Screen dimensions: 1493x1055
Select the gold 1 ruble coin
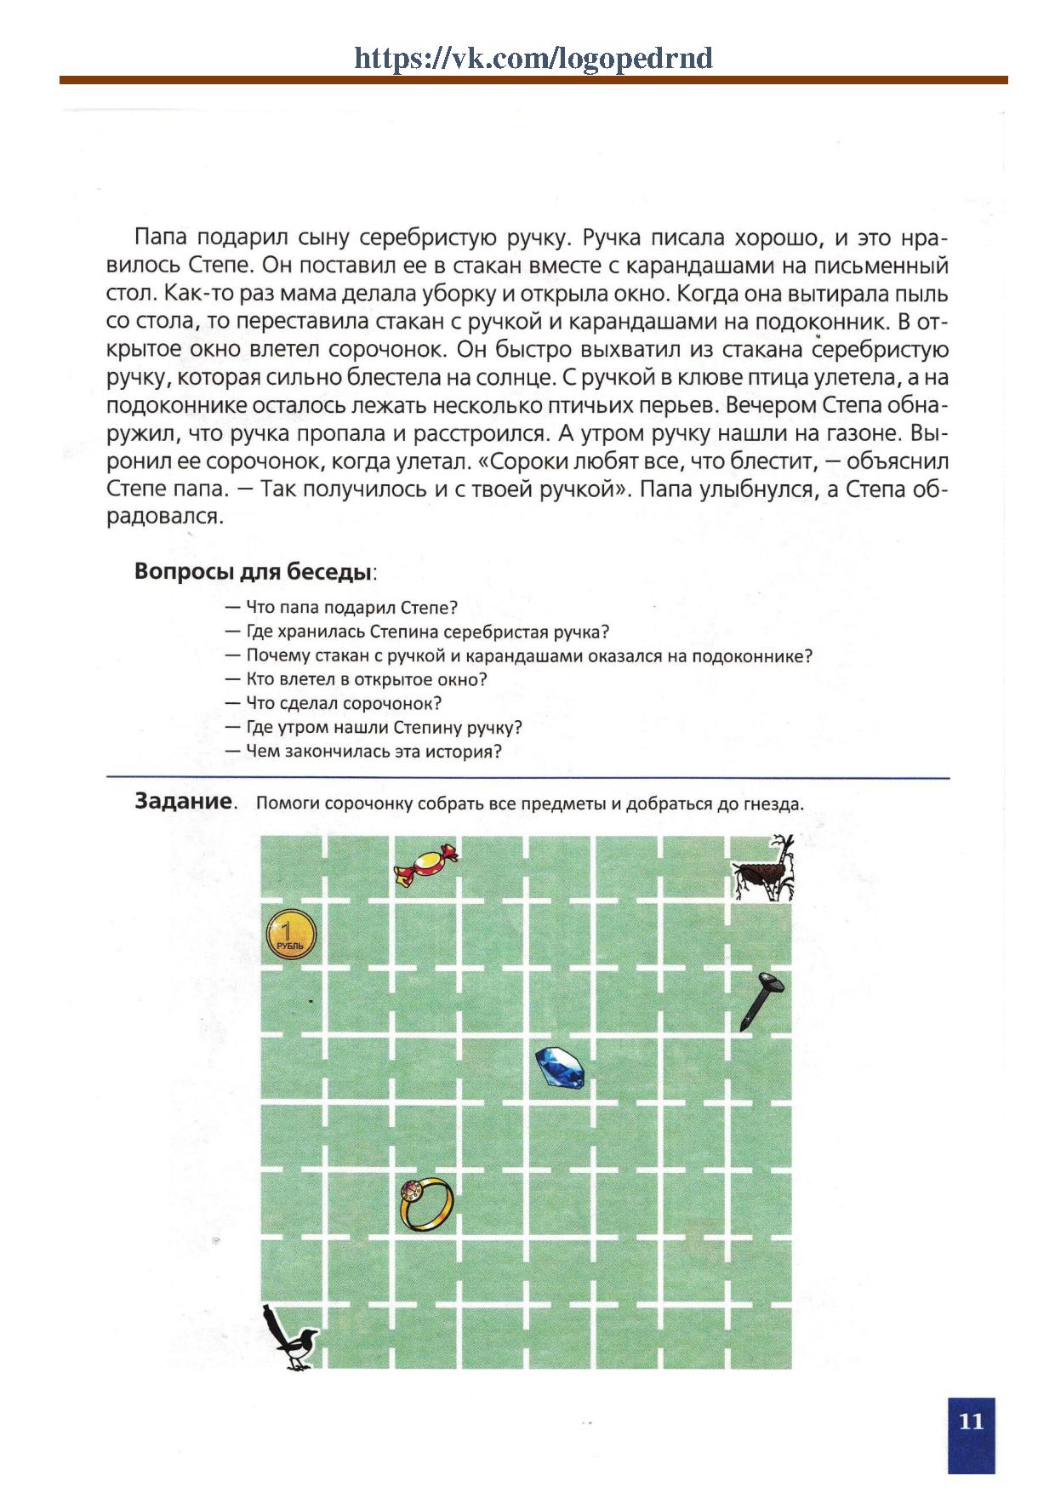291,936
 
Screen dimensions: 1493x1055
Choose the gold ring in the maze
426,1203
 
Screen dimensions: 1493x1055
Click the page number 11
971,1421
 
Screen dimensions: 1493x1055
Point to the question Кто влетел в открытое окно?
366,680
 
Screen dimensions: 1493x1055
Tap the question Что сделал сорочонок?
344,704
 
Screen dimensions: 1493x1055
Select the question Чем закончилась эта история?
374,752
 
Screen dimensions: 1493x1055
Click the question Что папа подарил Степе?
351,608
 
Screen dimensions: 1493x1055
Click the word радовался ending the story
165,517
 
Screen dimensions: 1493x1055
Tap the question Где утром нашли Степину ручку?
384,728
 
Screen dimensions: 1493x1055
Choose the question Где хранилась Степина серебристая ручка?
428,632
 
